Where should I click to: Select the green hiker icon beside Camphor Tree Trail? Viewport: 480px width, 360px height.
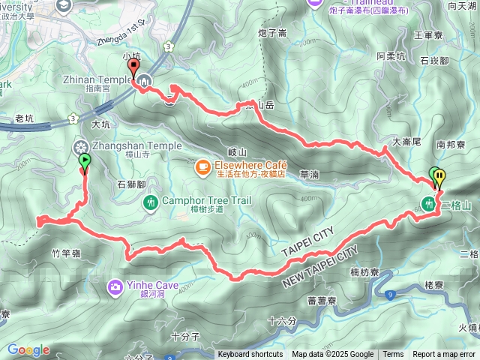click(x=151, y=202)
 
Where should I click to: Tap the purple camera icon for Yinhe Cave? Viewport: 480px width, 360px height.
click(x=115, y=286)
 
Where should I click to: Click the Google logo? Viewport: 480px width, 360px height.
click(x=28, y=350)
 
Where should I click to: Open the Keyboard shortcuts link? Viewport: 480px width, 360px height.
click(x=250, y=355)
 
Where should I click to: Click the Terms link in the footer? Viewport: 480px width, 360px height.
click(x=393, y=355)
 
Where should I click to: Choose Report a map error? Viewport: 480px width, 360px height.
click(x=444, y=355)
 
